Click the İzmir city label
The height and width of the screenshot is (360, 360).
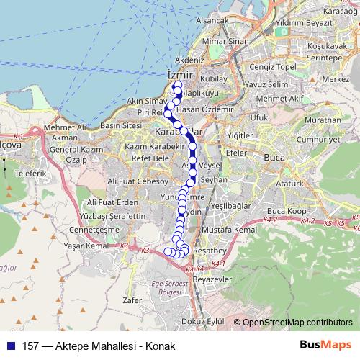click(180, 75)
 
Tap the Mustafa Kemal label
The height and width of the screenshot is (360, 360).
click(229, 229)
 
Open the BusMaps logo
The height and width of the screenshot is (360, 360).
click(325, 346)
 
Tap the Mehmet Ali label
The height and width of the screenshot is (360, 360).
click(65, 127)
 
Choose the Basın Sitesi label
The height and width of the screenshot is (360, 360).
click(120, 125)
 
